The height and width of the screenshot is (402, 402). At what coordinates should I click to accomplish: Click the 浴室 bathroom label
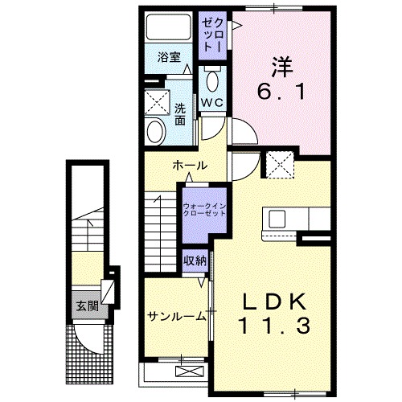[x=169, y=57]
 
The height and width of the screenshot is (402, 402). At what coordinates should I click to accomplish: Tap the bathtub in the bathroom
[x=169, y=27]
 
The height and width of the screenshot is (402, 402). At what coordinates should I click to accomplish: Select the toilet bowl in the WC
[x=213, y=81]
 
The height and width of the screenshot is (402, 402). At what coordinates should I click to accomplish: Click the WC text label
[x=212, y=102]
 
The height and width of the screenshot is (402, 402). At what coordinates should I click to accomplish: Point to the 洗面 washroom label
[x=180, y=114]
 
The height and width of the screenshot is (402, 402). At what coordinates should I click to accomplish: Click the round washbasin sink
[x=155, y=132]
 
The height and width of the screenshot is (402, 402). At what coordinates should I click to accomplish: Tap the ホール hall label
[x=190, y=166]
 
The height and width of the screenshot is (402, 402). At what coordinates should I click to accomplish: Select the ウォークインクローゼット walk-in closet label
[x=204, y=210]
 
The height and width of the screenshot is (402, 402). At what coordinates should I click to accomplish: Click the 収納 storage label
[x=195, y=260]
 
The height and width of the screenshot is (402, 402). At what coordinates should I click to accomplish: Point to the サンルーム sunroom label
[x=177, y=317]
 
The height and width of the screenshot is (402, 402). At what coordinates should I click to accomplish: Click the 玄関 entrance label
[x=88, y=306]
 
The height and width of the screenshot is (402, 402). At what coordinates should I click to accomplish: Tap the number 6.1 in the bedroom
[x=281, y=92]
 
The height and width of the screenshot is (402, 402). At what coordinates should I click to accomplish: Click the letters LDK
[x=275, y=302]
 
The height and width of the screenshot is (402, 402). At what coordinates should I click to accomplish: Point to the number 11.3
[x=276, y=326]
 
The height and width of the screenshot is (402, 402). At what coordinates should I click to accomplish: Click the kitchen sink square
[x=277, y=219]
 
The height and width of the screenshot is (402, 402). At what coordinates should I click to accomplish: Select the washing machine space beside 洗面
[x=157, y=102]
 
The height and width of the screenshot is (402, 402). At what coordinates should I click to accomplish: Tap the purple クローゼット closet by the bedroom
[x=212, y=36]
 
